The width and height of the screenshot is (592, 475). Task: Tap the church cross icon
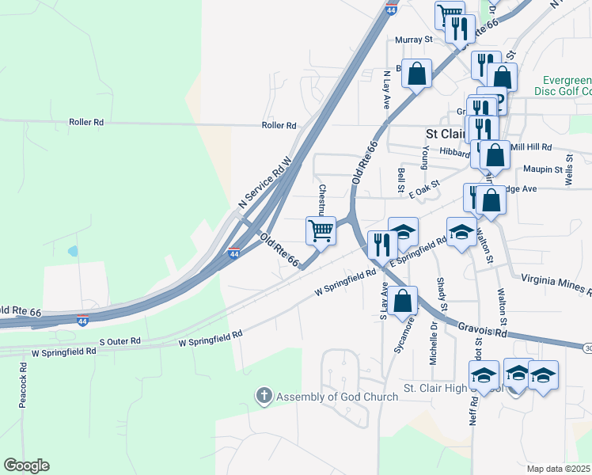264,395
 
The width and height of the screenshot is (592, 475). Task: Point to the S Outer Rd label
120,341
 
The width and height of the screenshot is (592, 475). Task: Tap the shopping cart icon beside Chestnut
321,231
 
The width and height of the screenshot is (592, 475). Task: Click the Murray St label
414,39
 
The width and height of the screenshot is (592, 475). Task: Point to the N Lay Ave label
387,89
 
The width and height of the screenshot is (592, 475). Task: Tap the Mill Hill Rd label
531,147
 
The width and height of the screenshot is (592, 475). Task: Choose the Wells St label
569,175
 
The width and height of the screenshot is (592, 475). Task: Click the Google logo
26,465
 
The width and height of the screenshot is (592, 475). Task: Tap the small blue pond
73,252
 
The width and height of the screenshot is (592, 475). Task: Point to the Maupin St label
542,169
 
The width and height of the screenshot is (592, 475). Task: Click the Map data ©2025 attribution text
559,469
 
